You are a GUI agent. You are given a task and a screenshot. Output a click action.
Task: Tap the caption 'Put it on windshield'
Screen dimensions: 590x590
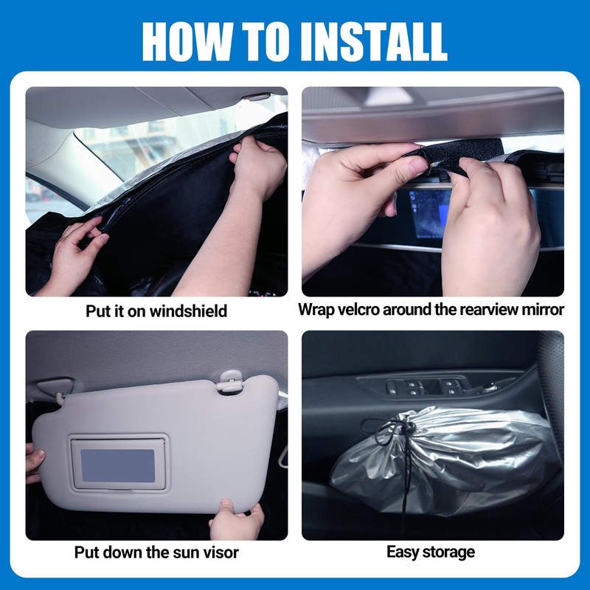[156, 310]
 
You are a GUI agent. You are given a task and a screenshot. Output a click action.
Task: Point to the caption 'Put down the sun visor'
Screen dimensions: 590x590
[156, 552]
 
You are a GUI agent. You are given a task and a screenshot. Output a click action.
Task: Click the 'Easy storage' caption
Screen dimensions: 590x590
[431, 552]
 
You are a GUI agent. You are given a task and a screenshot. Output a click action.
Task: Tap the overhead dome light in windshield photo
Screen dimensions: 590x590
[257, 97]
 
